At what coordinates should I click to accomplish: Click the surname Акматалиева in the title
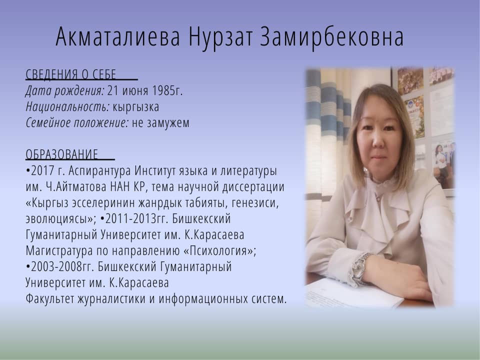pos(117,37)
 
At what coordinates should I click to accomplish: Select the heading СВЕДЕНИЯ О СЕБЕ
pos(70,74)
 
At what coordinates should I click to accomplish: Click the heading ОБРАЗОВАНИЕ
pos(62,154)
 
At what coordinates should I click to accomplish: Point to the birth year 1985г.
pos(167,90)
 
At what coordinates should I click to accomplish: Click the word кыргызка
pos(136,107)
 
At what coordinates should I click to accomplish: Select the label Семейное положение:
pos(77,123)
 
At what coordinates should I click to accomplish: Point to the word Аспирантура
pos(100,171)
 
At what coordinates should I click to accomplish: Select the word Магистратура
pos(59,251)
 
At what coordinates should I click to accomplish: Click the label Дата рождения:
pos(65,91)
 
